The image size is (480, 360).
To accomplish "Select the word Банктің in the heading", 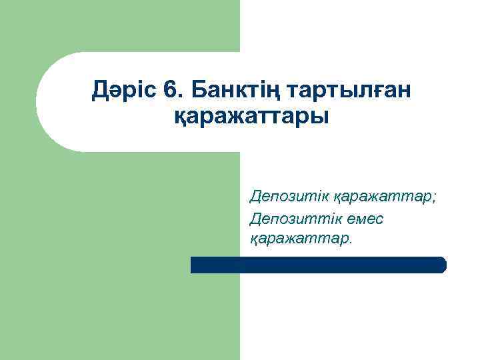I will [223, 89].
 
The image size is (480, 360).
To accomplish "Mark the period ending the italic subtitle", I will [350, 241].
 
